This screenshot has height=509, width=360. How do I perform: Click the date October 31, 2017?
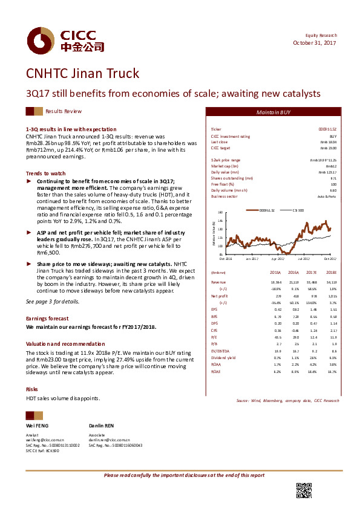coord(315,43)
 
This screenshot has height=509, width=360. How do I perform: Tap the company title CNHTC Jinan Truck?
coord(82,74)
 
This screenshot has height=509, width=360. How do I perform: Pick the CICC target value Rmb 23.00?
coord(327,148)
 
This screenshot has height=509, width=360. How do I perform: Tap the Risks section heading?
coord(31,389)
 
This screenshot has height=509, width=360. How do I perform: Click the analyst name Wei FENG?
coord(37,426)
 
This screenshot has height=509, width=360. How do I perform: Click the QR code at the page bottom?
coord(304,491)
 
